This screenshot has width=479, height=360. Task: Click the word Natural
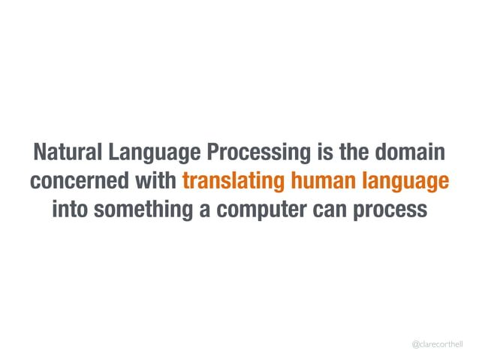67,153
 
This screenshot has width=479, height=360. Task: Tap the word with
155,182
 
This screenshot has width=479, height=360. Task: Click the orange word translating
230,183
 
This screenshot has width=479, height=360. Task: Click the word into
72,210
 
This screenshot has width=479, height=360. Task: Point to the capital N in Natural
38,153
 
